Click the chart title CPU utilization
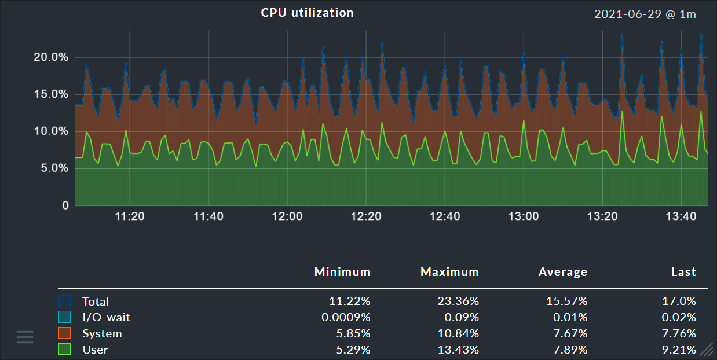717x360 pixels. click(x=307, y=13)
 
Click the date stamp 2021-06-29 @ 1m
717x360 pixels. click(x=645, y=14)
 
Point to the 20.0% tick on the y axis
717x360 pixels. click(x=51, y=57)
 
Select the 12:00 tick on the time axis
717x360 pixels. click(x=287, y=217)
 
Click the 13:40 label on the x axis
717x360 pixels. click(x=681, y=217)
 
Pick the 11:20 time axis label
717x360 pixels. click(x=130, y=217)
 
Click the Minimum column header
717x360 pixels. click(x=342, y=272)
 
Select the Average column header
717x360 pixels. click(x=562, y=272)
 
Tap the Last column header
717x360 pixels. click(x=683, y=272)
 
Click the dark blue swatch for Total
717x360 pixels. click(x=65, y=302)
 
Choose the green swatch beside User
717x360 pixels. click(x=65, y=350)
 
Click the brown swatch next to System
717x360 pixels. click(x=65, y=333)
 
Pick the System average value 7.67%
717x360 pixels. click(x=568, y=334)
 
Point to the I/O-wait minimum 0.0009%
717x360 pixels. click(x=346, y=318)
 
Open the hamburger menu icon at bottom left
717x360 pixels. click(x=25, y=337)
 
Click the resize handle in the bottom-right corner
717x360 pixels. click(x=707, y=349)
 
